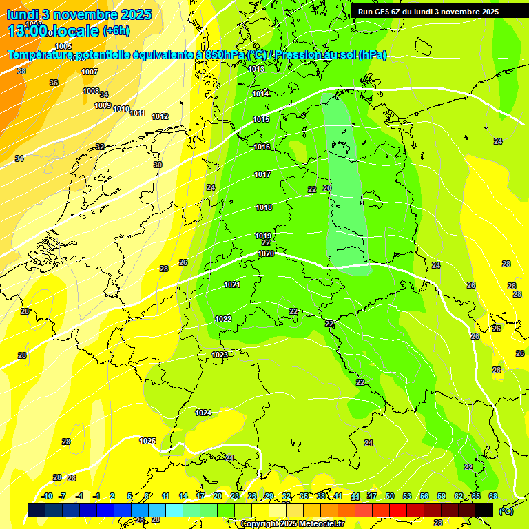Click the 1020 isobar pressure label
[266, 253]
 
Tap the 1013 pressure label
[256, 69]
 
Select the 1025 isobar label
[147, 441]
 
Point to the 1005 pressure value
[63, 46]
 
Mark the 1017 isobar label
[262, 174]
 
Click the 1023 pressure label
[220, 355]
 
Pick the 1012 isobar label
[160, 116]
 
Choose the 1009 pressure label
[103, 105]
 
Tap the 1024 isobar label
[203, 413]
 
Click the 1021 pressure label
[232, 284]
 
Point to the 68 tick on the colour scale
[493, 496]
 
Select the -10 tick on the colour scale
[47, 496]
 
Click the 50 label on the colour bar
[390, 496]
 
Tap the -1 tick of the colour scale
[96, 496]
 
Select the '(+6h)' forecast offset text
[115, 30]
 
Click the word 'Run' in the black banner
[366, 12]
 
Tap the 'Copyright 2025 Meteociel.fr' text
[293, 523]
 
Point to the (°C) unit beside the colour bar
[505, 510]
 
